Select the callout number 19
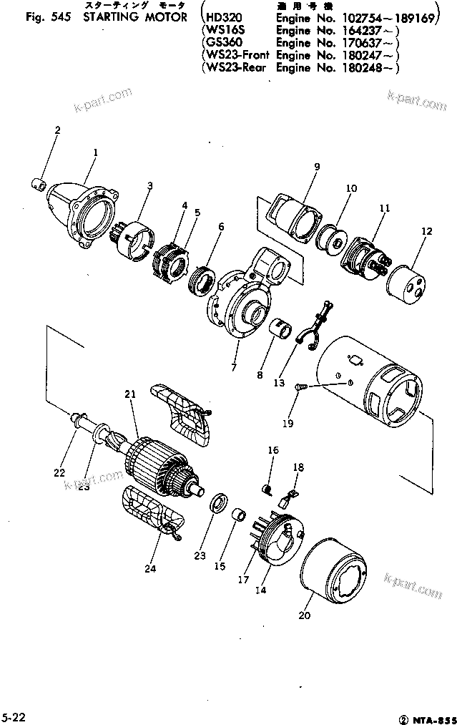point(287,424)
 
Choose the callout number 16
point(272,450)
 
